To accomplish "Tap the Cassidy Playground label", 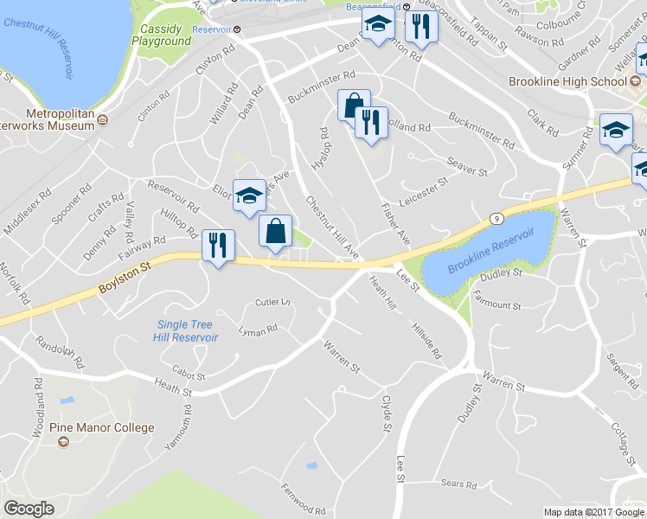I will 162,35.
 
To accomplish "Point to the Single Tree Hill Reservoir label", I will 187,331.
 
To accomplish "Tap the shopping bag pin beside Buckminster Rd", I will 354,106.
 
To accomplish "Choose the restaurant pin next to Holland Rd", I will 371,123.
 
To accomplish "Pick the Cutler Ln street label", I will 272,303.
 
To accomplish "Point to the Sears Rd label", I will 459,484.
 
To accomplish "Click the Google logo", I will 29,508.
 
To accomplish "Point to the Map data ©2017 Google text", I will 593,512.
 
